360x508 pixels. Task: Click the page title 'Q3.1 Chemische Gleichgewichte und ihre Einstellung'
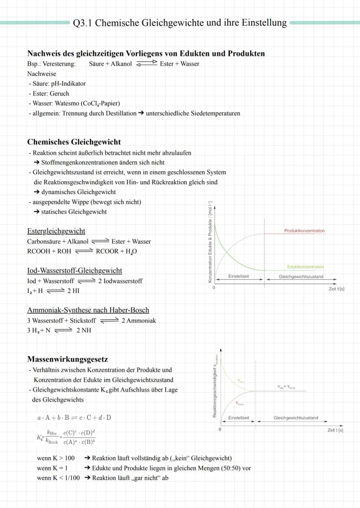click(180, 23)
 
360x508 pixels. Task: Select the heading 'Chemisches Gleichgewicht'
click(74, 142)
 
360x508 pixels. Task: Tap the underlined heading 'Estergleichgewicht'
click(56, 231)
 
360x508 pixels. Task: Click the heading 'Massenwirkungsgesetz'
click(67, 359)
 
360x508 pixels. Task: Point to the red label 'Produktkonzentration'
click(304, 231)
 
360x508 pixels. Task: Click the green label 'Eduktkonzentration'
click(305, 267)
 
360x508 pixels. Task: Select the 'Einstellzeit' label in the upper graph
click(239, 276)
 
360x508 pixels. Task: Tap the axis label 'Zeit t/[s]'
click(337, 289)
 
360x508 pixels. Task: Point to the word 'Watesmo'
click(67, 103)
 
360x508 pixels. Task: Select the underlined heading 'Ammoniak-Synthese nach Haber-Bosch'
click(88, 310)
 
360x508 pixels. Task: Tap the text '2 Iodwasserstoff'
click(120, 281)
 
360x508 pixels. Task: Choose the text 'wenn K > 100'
click(56, 458)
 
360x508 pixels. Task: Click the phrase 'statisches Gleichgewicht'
click(74, 212)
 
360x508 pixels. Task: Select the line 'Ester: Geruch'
click(49, 93)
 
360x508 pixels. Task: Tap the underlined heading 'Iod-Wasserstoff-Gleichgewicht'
click(74, 271)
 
